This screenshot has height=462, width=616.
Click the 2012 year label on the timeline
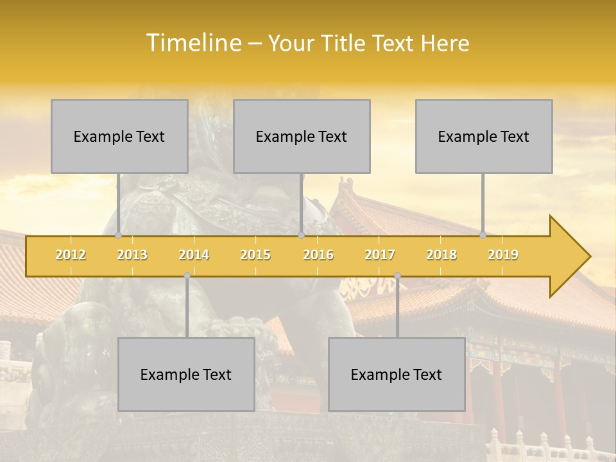pos(71,255)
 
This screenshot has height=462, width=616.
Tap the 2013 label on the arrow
pos(132,255)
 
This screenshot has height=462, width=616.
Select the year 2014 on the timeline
pos(194,255)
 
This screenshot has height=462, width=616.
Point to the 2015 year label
pos(255,255)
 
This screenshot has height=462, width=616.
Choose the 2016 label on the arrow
pos(318,255)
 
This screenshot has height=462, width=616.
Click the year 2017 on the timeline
pos(380,255)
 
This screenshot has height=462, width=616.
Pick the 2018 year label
pos(441,255)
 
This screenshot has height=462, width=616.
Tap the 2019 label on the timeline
pos(503,255)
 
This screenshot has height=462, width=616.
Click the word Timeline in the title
pos(193,43)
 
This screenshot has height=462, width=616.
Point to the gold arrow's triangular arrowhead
pos(569,257)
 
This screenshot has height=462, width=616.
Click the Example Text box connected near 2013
pos(119,136)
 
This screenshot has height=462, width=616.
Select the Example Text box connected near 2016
pos(302,136)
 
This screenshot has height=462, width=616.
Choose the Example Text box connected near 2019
pos(484,136)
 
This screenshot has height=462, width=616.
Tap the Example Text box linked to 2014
pos(186,374)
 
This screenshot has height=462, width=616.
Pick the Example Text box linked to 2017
pos(397,374)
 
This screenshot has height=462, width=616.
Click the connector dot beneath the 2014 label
pos(187,276)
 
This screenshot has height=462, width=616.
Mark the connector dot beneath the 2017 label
pos(397,276)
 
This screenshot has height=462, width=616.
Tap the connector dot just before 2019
pos(483,235)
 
